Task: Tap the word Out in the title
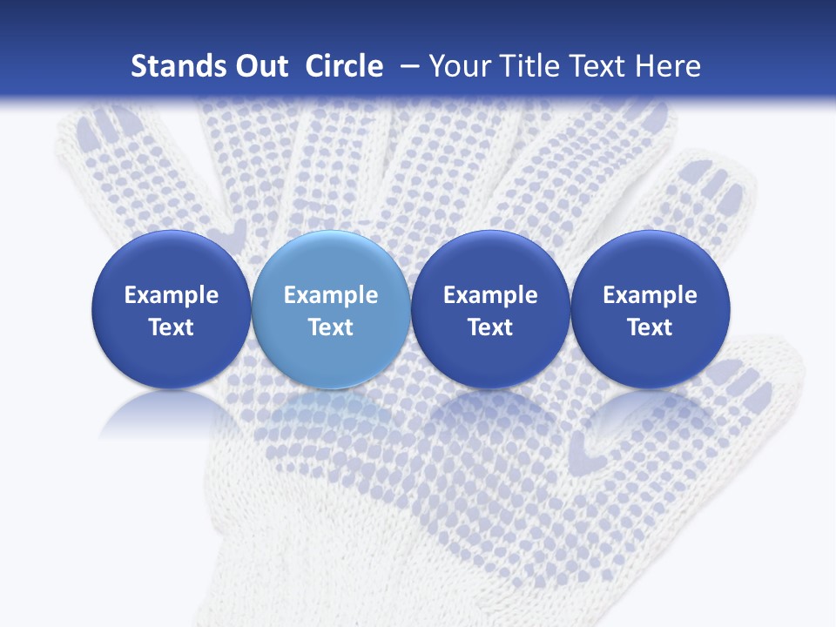click(x=259, y=66)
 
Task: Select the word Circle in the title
click(x=344, y=66)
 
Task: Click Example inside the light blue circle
click(x=331, y=295)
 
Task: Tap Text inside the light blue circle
click(x=331, y=327)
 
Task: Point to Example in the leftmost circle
click(x=171, y=295)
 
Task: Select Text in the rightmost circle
click(x=650, y=327)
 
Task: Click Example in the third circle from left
click(x=490, y=295)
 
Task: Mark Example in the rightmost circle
click(x=650, y=295)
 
